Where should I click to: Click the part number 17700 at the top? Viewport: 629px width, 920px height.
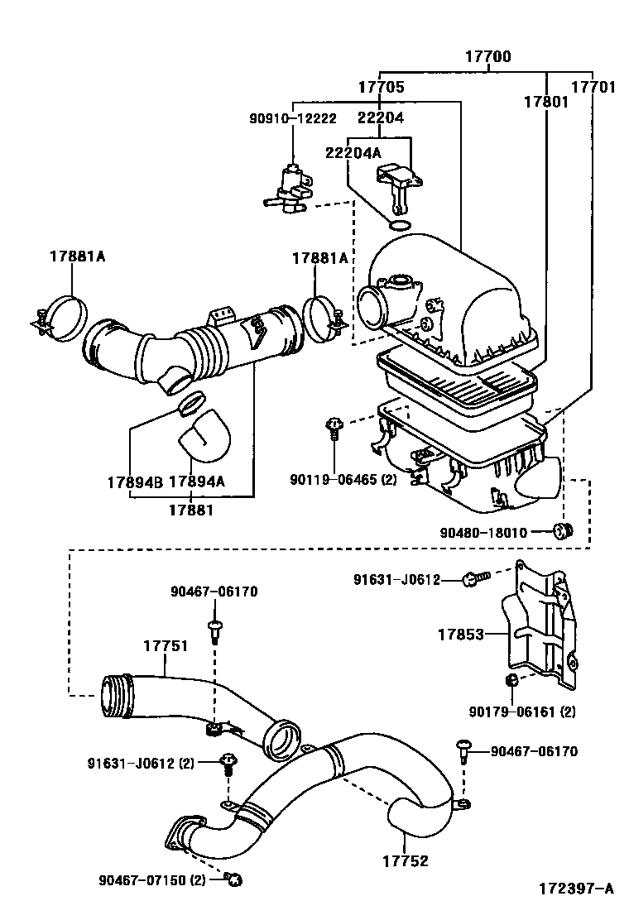(487, 58)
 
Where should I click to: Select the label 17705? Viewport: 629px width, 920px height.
(381, 87)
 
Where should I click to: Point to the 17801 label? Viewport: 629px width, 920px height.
(545, 102)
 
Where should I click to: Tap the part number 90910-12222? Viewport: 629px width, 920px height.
(293, 118)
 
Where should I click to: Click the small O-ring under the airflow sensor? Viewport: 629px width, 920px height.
(400, 227)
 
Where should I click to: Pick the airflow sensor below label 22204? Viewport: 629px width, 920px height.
(400, 182)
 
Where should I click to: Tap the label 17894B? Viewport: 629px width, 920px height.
(133, 482)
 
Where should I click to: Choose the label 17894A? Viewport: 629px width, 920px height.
(197, 482)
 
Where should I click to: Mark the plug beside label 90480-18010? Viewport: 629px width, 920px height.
(565, 530)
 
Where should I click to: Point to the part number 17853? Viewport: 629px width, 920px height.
(461, 635)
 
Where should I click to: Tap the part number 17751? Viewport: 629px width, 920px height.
(166, 646)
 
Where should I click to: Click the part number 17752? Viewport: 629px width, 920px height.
(406, 860)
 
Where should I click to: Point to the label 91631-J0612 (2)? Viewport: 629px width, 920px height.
(141, 763)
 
